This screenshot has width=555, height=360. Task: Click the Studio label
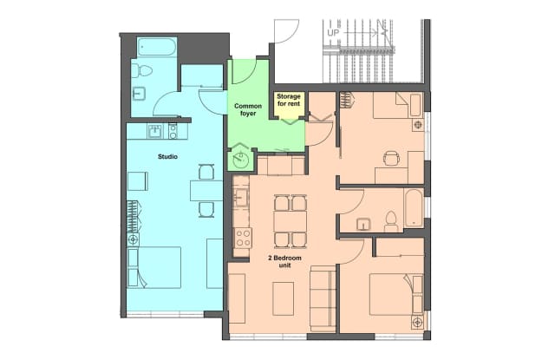coord(167,156)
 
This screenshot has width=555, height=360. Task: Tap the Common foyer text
coord(248,109)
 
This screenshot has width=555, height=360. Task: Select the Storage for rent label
coord(289,100)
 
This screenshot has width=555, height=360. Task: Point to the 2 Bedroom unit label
coord(284,261)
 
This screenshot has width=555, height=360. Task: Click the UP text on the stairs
coord(333,33)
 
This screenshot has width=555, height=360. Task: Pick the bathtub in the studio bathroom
coord(157,47)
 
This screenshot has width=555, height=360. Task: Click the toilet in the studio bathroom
coord(142,71)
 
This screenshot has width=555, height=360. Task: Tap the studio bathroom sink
coord(139,94)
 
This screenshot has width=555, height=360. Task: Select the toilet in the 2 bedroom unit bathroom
coord(391,221)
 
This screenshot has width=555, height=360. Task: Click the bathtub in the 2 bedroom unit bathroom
coord(414,208)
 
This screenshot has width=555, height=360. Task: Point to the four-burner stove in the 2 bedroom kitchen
coord(243,238)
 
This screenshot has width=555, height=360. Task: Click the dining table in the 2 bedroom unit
coord(291,222)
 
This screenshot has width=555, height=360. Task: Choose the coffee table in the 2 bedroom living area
coord(283,298)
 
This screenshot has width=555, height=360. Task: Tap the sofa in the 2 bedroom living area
coord(323,298)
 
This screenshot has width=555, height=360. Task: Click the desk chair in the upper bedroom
coord(391,158)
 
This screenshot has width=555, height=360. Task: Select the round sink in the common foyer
coord(241,160)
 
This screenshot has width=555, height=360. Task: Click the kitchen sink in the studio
coord(154,131)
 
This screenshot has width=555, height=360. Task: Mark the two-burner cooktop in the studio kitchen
coord(173,131)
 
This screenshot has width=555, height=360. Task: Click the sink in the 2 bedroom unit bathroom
coord(364,224)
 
